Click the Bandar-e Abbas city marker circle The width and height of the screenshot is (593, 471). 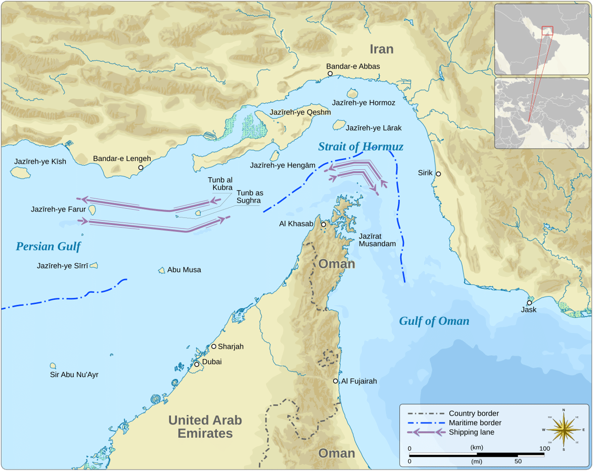click(330, 74)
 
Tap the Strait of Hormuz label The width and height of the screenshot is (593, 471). click(361, 147)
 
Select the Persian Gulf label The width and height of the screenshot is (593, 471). click(48, 246)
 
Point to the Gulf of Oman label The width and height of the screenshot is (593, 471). click(434, 321)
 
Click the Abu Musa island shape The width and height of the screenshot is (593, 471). click(162, 270)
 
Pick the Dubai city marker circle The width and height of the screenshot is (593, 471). click(197, 364)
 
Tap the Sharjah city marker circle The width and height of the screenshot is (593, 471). click(214, 346)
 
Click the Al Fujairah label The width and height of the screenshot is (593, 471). click(359, 381)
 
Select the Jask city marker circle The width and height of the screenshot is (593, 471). click(529, 303)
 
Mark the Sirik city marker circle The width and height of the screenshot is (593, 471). click(438, 174)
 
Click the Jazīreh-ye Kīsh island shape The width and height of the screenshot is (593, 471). click(20, 172)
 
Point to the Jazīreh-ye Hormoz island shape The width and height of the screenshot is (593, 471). click(352, 93)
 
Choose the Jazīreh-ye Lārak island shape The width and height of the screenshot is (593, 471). click(339, 125)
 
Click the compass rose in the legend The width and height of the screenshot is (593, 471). click(563, 430)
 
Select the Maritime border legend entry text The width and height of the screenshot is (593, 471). click(475, 423)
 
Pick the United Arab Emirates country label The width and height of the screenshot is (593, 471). click(205, 427)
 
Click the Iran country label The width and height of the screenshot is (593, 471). click(381, 49)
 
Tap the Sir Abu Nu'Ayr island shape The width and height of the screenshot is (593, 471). click(53, 366)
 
